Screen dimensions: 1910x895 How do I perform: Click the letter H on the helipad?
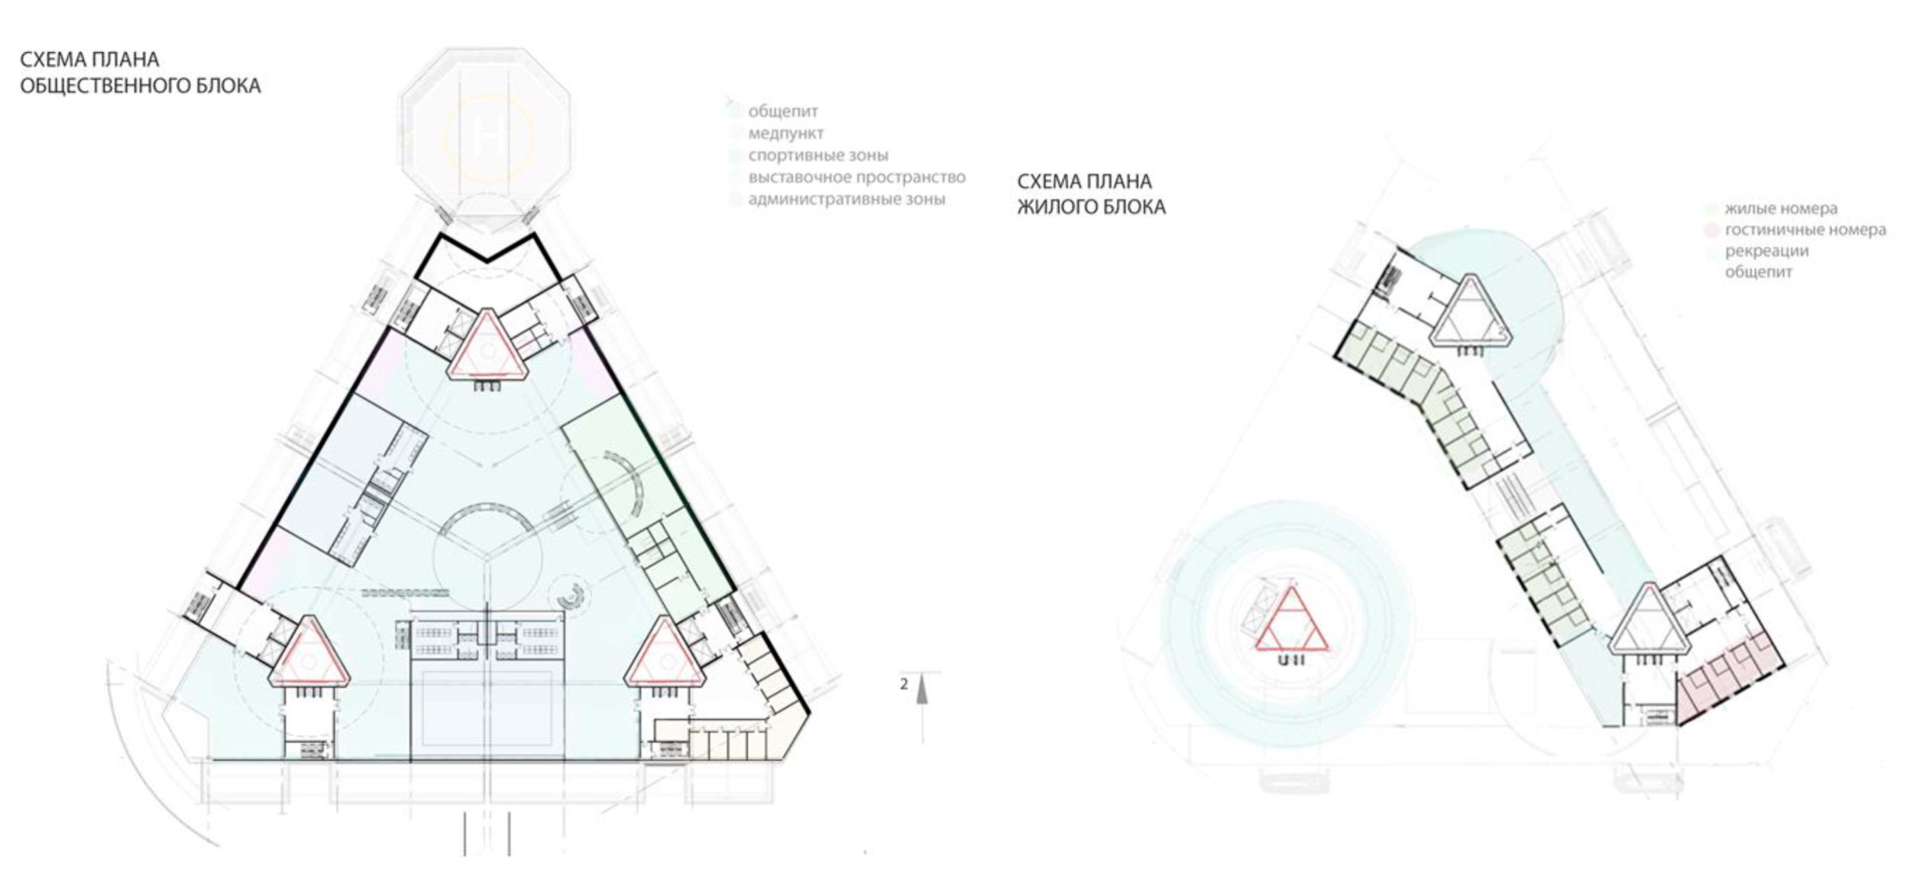487,137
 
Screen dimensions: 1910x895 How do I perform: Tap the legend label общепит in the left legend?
782,112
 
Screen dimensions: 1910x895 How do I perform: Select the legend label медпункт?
785,134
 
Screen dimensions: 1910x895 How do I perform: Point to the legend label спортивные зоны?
817,156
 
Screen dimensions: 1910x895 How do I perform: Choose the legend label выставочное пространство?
856,177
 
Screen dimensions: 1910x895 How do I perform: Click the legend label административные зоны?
847,199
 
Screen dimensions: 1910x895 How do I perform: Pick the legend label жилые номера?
1781,209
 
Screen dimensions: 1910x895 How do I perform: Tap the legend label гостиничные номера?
1805,229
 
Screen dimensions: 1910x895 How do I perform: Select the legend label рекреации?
1766,251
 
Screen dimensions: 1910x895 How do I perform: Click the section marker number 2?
904,683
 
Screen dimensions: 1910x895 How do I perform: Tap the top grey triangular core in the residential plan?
1468,313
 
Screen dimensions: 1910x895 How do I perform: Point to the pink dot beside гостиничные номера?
1713,230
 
